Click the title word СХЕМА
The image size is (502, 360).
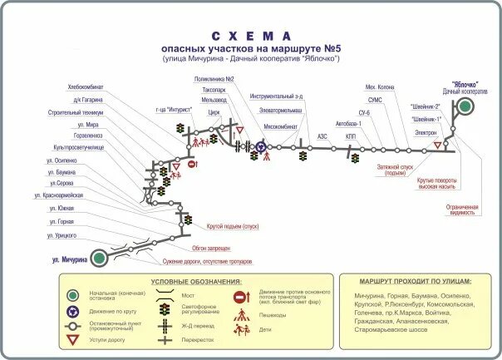click(251, 37)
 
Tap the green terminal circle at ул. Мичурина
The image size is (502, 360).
click(99, 258)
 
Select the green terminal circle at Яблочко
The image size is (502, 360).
click(466, 106)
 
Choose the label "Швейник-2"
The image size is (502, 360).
click(426, 106)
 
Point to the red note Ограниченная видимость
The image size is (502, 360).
click(463, 209)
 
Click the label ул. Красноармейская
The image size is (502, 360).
click(58, 195)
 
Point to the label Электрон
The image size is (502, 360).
click(426, 132)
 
